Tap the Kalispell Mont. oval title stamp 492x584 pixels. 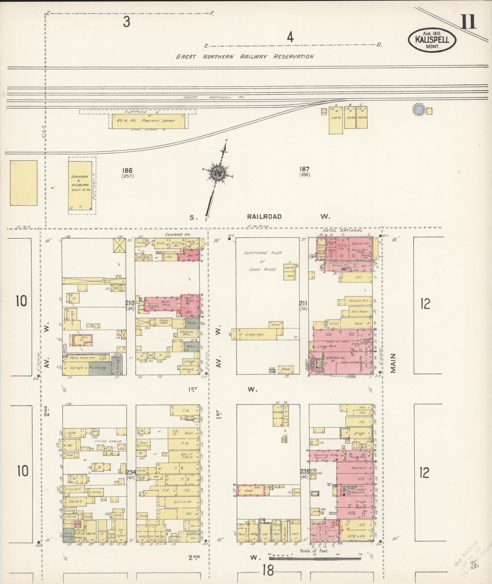(432, 40)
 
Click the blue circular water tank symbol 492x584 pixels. (419, 110)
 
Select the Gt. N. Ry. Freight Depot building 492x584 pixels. (148, 121)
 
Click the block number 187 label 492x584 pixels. (304, 169)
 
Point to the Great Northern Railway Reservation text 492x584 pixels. (244, 57)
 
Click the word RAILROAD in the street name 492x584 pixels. (264, 217)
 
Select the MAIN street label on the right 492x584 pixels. (394, 363)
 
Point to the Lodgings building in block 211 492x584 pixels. (254, 335)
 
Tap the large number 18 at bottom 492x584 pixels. (268, 570)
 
